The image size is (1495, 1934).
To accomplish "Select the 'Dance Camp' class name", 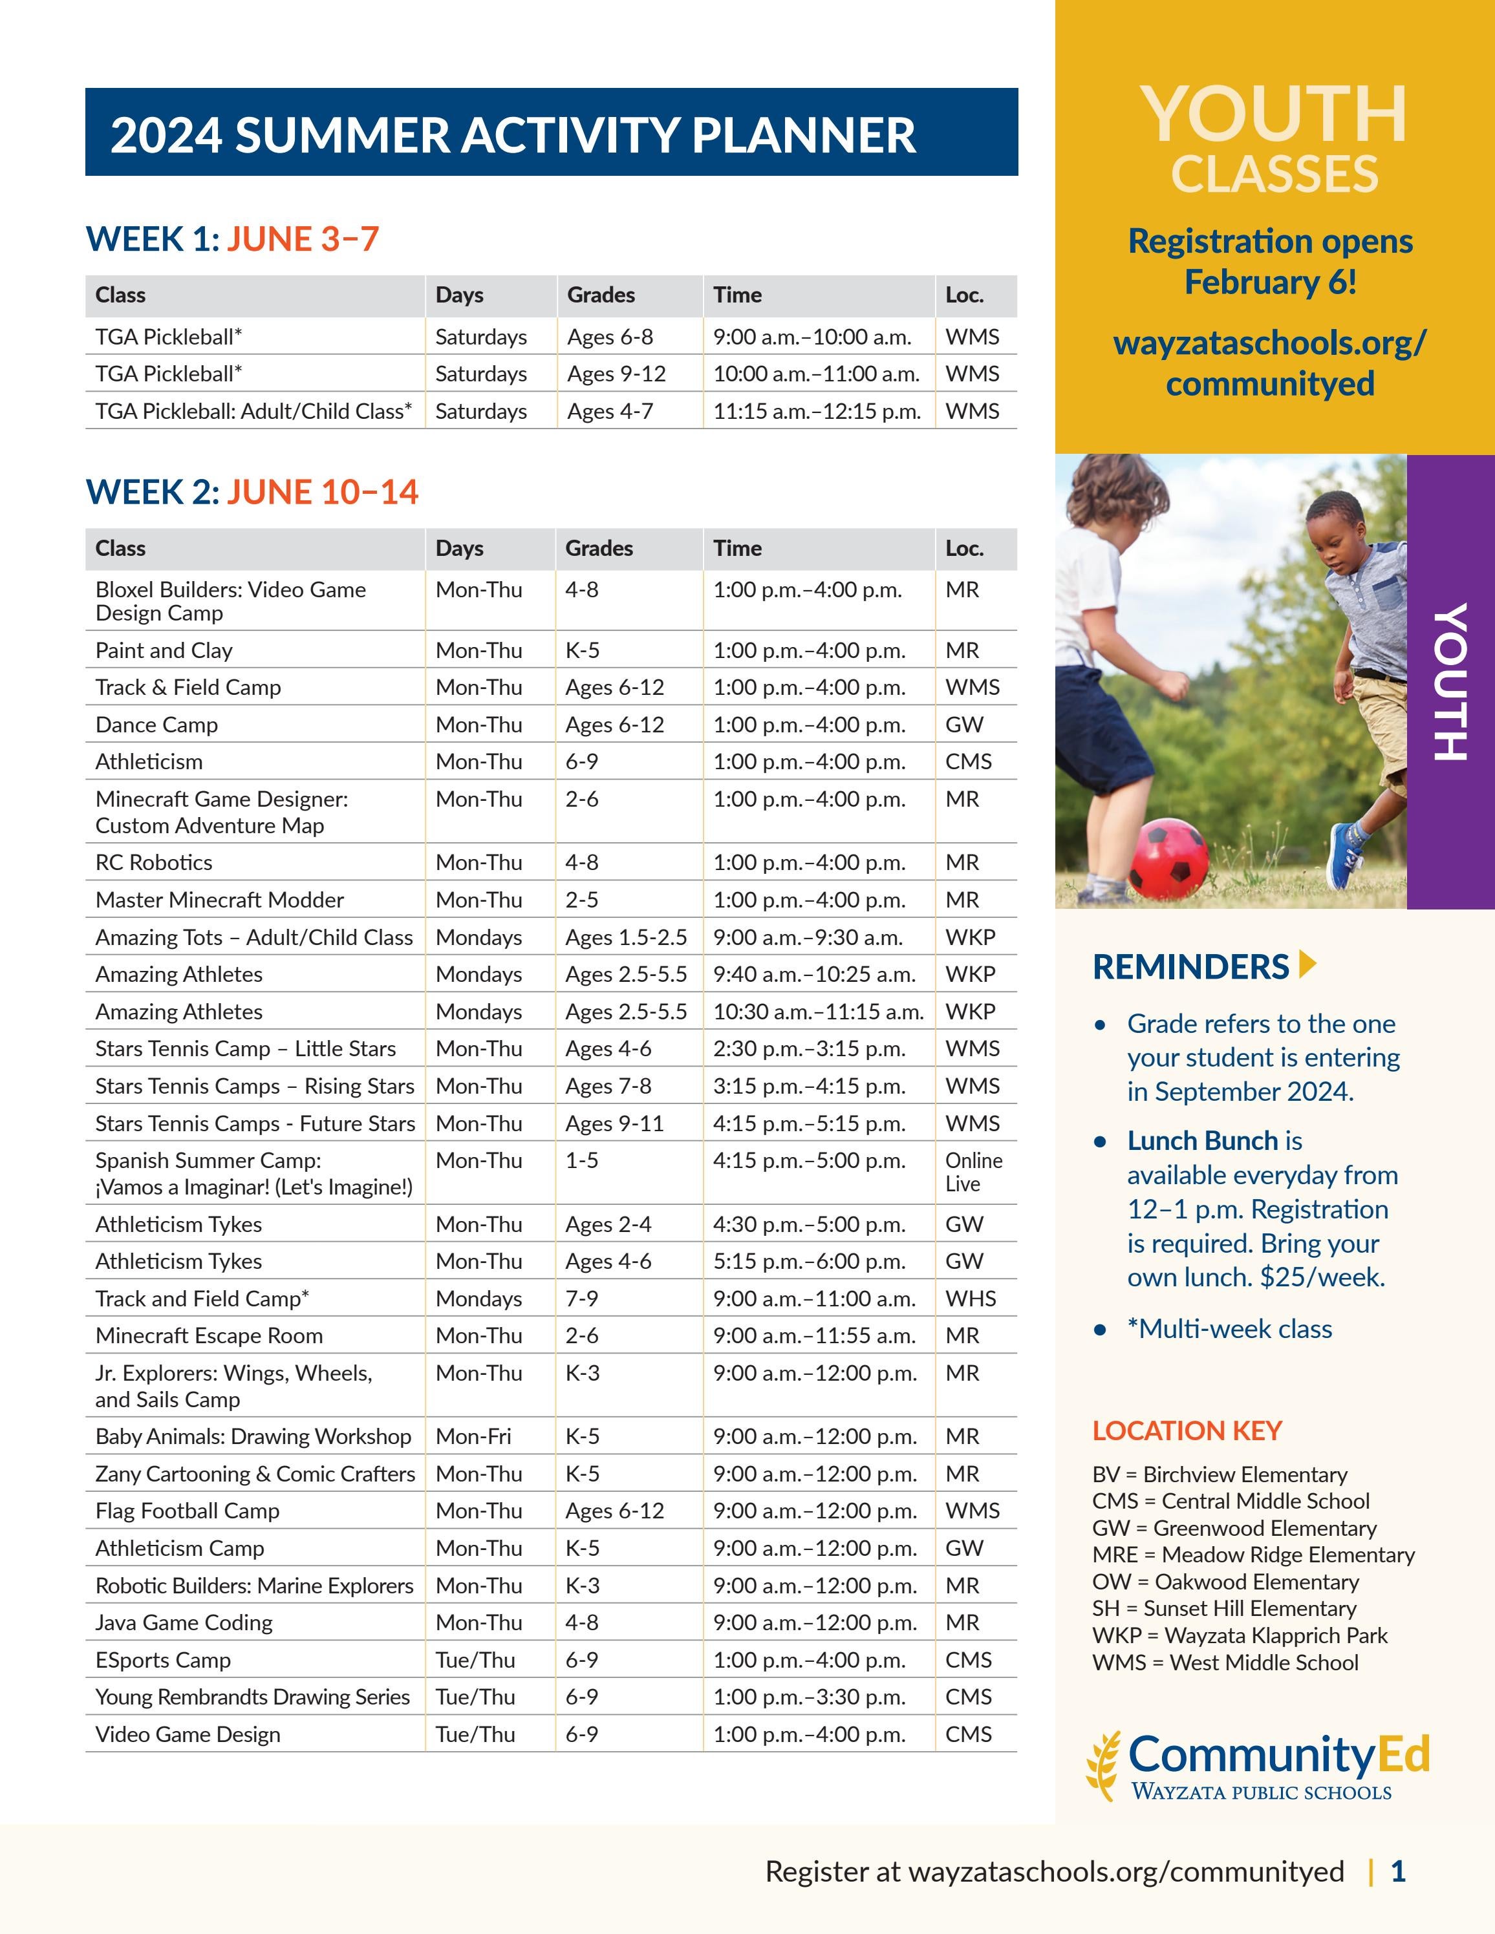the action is pos(156,725).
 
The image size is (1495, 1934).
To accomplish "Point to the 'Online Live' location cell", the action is pos(973,1171).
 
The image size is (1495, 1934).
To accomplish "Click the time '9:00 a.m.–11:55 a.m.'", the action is pos(814,1335).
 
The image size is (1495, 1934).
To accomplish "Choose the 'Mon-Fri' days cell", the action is pos(473,1436).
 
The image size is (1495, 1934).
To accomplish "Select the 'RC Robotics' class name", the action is pos(154,862).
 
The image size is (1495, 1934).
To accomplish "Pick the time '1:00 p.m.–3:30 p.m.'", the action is pos(810,1697).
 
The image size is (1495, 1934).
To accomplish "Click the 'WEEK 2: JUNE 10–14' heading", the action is pos(252,493).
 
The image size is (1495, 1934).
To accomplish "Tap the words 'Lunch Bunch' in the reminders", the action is pos(1202,1141).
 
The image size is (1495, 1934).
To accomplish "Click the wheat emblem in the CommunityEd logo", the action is pos(1105,1767).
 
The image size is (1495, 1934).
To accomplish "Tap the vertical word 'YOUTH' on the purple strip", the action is pos(1449,681).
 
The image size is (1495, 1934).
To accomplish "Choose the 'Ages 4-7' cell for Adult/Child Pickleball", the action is pos(609,411).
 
